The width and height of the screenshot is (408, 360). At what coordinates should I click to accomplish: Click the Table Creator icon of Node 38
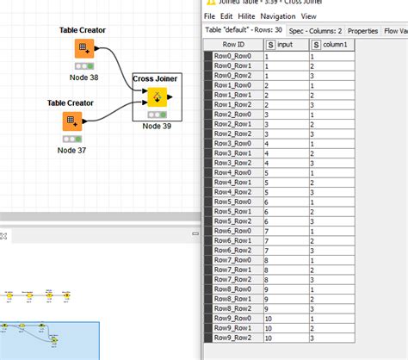tap(83, 48)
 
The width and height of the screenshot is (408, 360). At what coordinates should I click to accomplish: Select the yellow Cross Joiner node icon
tap(156, 96)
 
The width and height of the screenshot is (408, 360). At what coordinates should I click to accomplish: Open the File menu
tap(210, 16)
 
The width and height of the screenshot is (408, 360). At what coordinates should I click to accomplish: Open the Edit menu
tap(226, 16)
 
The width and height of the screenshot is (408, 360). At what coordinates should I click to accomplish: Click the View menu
tap(309, 16)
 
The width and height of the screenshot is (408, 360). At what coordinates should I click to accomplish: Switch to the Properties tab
tap(362, 30)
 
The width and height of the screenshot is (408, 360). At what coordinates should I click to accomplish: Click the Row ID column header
tap(233, 44)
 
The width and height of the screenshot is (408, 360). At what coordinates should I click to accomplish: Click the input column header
tap(287, 44)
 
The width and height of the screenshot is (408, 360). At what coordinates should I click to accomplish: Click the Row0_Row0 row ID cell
tap(233, 55)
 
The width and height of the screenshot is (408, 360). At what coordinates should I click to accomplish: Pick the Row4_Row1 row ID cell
tap(233, 182)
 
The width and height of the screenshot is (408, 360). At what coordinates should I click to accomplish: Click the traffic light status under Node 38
tap(83, 65)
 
